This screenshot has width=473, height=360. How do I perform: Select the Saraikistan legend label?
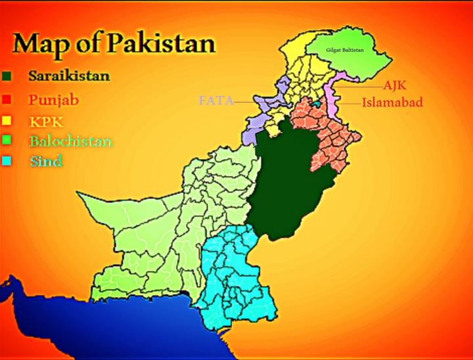tap(68, 76)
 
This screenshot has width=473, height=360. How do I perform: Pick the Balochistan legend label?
tap(70, 141)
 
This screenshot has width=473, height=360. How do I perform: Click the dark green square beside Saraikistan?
tap(6, 76)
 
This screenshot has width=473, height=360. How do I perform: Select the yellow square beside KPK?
tap(6, 121)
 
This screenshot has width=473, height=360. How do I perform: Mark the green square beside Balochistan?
tap(6, 141)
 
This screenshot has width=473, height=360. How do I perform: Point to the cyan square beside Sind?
tap(6, 161)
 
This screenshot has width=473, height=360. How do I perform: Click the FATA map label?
tap(215, 101)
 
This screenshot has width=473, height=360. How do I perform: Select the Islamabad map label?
tap(392, 102)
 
